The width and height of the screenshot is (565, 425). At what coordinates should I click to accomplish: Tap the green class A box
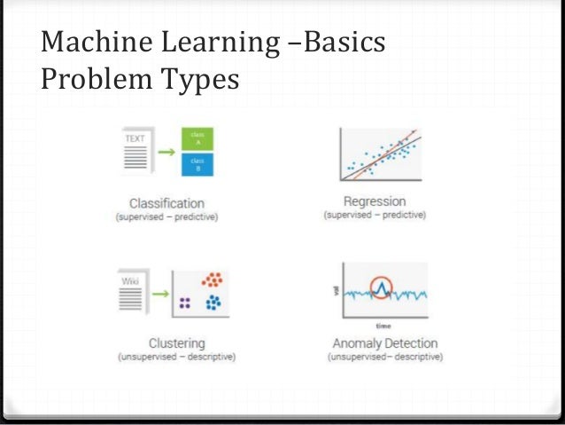coord(198,139)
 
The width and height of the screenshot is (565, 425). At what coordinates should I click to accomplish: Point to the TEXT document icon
coord(135,153)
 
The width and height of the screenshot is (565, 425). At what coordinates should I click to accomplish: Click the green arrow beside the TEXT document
coord(166,151)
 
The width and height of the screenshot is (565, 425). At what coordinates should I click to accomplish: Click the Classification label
coord(166,203)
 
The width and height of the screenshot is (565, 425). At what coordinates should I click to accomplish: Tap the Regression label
coord(375,201)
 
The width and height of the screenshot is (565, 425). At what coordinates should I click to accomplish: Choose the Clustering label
coord(176,342)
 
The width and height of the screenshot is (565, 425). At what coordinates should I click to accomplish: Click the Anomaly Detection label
coord(384,343)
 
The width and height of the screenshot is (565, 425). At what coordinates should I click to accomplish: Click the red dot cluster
coord(211,281)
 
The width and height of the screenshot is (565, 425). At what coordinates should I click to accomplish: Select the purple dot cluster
coord(184,303)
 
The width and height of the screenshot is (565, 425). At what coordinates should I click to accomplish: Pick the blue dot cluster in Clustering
coord(213,304)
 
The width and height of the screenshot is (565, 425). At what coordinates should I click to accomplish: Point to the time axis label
coord(383,326)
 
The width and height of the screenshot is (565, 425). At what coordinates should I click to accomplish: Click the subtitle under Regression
coord(375,216)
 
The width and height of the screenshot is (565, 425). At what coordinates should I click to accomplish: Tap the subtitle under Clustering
coord(176,357)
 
